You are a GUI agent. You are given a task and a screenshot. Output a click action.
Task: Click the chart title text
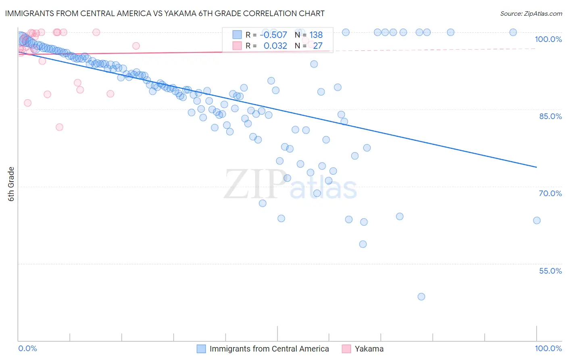pyautogui.click(x=165, y=14)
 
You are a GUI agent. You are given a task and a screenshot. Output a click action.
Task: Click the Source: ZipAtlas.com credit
pyautogui.click(x=531, y=14)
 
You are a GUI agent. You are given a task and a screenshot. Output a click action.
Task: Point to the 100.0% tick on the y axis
pyautogui.click(x=548, y=39)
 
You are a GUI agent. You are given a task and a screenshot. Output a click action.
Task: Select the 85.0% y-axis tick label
pyautogui.click(x=550, y=116)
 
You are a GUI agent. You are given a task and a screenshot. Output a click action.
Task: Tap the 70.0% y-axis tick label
pyautogui.click(x=550, y=193)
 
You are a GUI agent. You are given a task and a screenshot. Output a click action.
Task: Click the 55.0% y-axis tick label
pyautogui.click(x=550, y=271)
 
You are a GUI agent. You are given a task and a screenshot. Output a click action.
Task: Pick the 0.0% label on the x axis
pyautogui.click(x=27, y=348)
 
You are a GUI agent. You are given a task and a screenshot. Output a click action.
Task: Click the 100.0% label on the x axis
pyautogui.click(x=548, y=348)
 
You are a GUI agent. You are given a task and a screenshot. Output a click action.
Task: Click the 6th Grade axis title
pyautogui.click(x=11, y=184)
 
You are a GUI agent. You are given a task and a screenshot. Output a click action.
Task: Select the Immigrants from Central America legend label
pyautogui.click(x=269, y=349)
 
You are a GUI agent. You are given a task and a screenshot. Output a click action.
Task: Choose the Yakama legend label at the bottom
pyautogui.click(x=369, y=349)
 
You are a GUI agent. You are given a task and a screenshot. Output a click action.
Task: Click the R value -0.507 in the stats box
pyautogui.click(x=273, y=35)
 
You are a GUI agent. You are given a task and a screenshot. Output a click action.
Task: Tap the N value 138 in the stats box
pyautogui.click(x=316, y=35)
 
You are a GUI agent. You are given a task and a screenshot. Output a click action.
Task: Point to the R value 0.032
pyautogui.click(x=275, y=46)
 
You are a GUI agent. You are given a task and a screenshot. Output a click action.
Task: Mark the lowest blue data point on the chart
pyautogui.click(x=421, y=297)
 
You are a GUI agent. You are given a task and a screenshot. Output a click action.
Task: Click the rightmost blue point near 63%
pyautogui.click(x=537, y=220)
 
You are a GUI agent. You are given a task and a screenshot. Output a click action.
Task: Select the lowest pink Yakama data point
pyautogui.click(x=59, y=127)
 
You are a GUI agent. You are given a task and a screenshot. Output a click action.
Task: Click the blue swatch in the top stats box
pyautogui.click(x=237, y=35)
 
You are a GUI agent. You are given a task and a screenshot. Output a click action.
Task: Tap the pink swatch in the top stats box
pyautogui.click(x=237, y=46)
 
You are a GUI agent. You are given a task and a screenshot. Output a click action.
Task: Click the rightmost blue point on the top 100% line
pyautogui.click(x=513, y=32)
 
